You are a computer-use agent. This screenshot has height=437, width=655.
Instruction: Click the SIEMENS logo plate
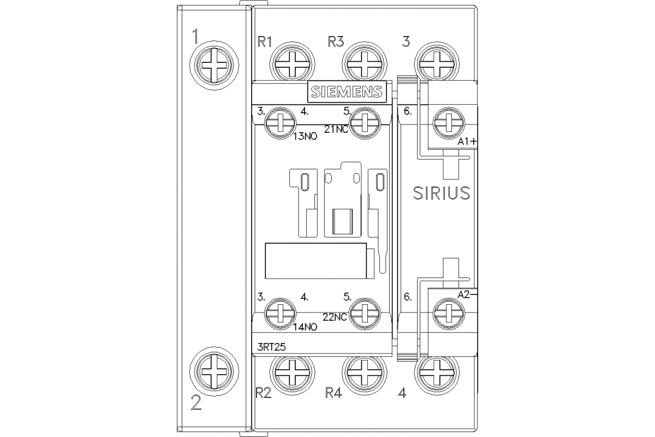pos(347,92)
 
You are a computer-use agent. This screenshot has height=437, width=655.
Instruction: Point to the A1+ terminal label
pos(467,141)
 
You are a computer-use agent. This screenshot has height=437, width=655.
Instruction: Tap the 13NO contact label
pos(305,137)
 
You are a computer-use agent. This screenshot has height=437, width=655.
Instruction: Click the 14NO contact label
pos(305,327)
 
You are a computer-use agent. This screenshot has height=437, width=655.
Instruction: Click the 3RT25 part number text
pos(272,346)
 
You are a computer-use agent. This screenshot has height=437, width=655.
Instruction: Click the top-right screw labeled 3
pos(436,64)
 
